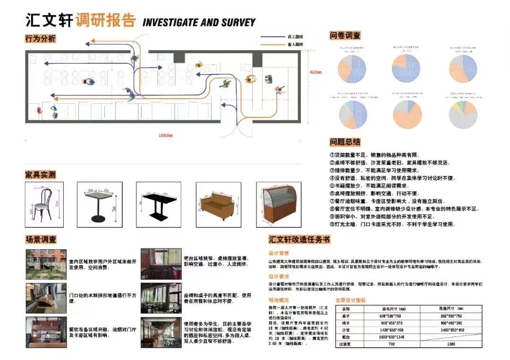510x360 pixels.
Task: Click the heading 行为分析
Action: [40, 39]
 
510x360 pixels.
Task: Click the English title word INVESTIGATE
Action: [170, 22]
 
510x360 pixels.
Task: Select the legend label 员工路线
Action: [295, 37]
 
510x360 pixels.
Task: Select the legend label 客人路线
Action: [295, 44]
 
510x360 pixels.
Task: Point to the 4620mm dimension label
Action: [315, 72]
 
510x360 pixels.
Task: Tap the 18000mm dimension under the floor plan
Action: [165, 136]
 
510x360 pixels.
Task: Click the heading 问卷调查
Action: [345, 35]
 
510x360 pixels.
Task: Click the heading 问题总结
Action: [345, 142]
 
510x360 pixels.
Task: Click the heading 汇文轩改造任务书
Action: [299, 240]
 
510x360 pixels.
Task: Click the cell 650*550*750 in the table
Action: [451, 316]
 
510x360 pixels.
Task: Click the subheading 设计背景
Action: [279, 253]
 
